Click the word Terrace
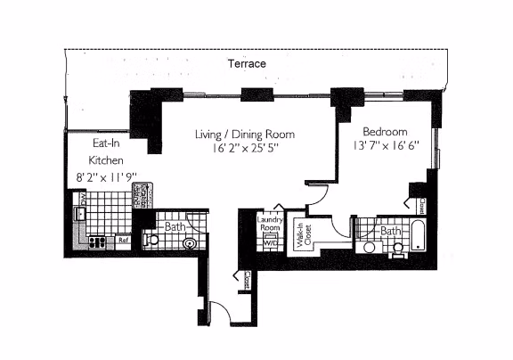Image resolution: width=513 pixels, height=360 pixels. (x=247, y=64)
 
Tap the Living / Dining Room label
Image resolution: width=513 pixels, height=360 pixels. (x=244, y=135)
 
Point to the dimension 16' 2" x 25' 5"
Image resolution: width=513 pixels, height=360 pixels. (x=244, y=151)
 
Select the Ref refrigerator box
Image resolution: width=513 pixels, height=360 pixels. (x=125, y=240)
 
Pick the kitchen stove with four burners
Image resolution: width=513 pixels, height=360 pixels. (x=98, y=240)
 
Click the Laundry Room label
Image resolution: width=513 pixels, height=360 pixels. (x=268, y=223)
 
